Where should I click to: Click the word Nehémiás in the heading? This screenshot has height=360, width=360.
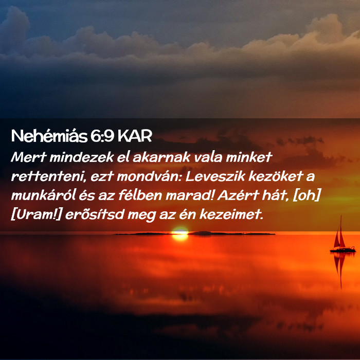click(49, 136)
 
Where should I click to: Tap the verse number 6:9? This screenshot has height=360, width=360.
click(102, 136)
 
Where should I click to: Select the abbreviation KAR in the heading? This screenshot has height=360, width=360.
click(135, 136)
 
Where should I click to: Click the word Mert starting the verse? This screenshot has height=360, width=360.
click(29, 157)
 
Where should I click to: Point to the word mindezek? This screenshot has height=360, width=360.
click(82, 157)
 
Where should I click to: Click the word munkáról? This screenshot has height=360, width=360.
click(43, 196)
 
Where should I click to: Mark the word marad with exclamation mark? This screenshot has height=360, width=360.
click(190, 195)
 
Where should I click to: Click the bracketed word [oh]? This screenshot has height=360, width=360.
click(307, 196)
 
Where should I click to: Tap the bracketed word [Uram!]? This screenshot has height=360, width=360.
click(37, 215)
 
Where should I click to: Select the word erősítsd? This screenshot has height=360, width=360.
click(95, 215)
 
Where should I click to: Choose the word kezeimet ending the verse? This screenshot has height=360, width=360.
click(231, 215)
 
